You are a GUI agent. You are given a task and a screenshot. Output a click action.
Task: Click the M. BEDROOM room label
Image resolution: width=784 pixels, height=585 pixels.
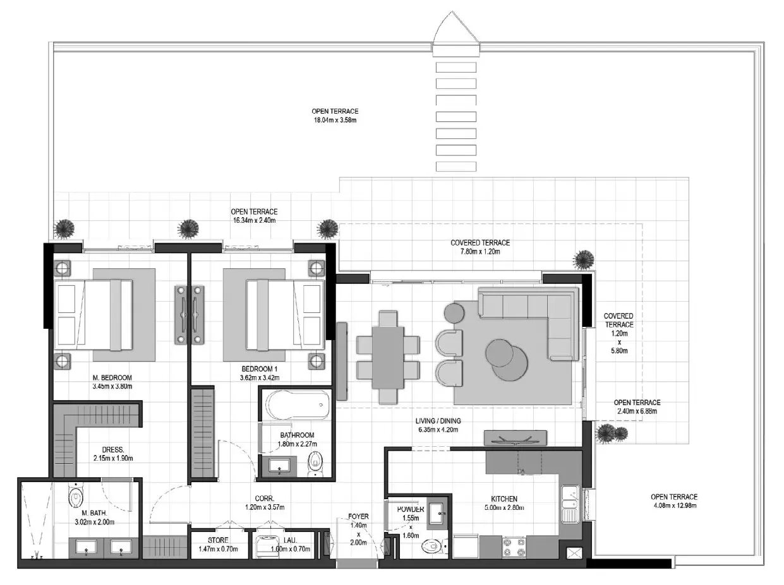coord(112,377)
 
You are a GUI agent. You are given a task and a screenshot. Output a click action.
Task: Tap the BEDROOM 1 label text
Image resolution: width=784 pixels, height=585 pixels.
coord(259,369)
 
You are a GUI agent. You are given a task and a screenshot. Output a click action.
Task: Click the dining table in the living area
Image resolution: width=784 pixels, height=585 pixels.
coord(388,358)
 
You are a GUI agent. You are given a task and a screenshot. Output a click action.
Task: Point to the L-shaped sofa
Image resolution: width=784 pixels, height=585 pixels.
coord(536,310)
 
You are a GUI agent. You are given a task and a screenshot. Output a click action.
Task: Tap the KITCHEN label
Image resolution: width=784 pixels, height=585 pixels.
coord(504,499)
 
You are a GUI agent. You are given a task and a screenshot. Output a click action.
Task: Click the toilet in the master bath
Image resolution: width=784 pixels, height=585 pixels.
coord(76,496)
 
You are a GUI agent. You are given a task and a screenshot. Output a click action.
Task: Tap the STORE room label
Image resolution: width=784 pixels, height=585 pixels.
coord(218,540)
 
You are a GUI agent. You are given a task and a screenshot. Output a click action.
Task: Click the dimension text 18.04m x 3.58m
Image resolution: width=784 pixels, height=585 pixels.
coord(335,120)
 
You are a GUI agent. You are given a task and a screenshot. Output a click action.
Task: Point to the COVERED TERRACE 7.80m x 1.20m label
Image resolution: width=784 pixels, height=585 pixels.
coord(480,247)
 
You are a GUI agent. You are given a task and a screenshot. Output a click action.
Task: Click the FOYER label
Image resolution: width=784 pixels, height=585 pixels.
coord(358,516)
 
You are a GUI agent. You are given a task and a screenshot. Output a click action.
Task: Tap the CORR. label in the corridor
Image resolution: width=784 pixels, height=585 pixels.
coord(264,499)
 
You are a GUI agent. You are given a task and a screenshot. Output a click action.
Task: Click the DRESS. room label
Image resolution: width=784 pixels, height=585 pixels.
coord(113,449)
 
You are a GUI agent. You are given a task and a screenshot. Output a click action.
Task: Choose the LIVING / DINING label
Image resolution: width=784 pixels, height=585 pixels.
coord(438,421)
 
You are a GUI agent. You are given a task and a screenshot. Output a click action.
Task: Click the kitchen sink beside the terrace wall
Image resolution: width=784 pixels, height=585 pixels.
coord(570,504)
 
